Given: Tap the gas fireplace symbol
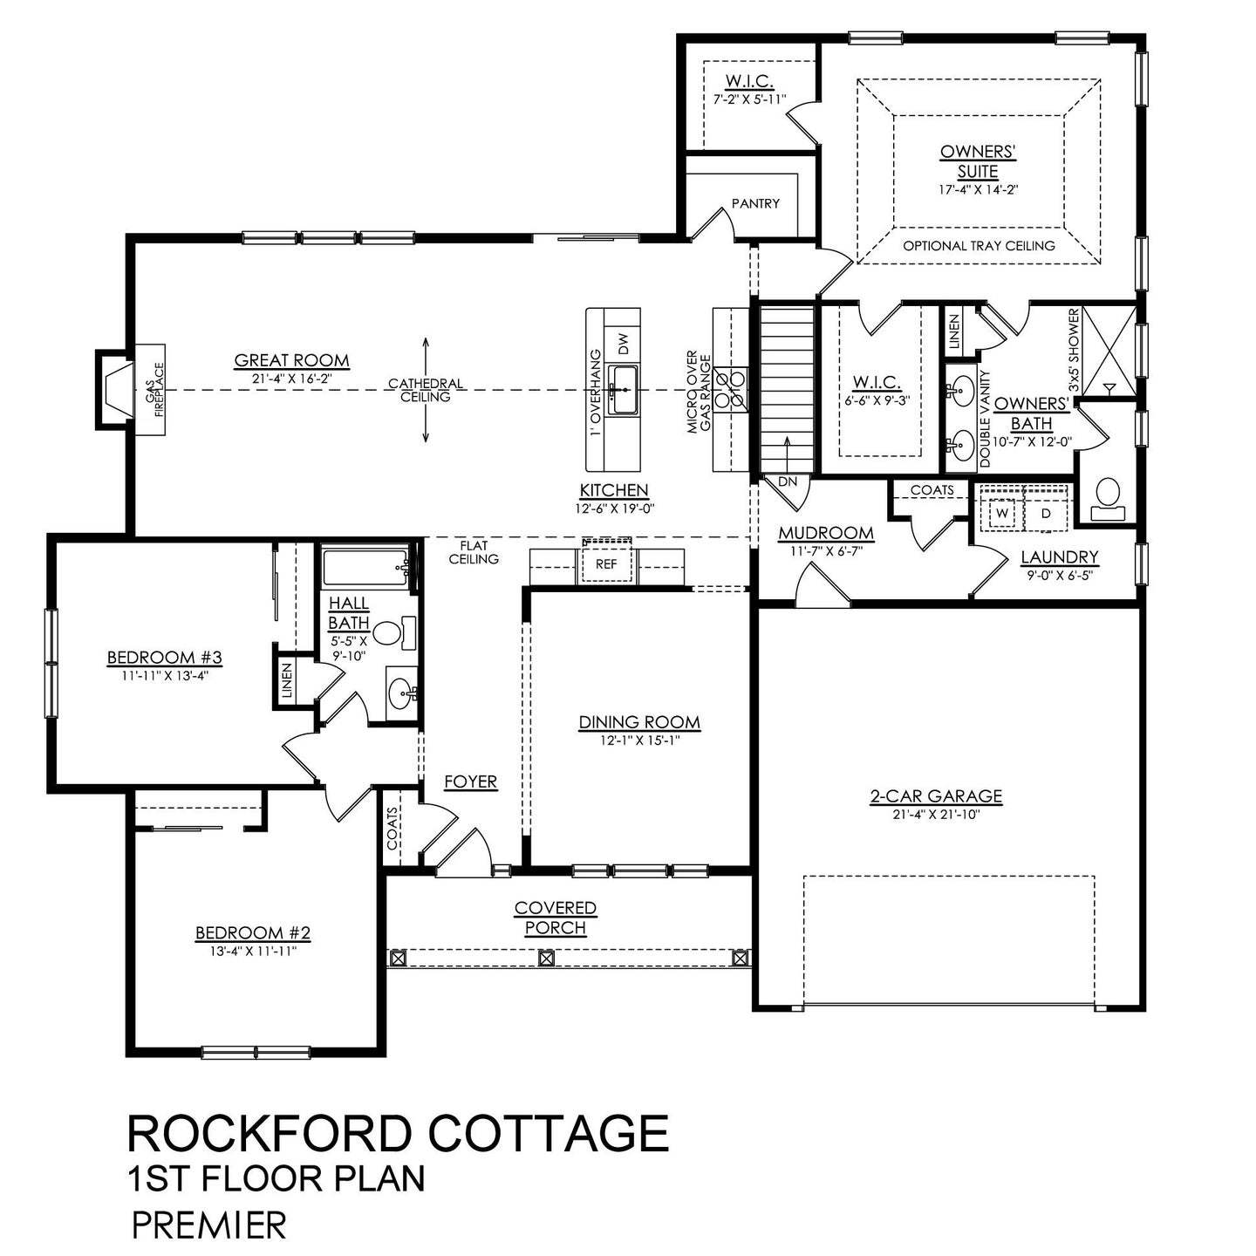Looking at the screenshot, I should (116, 390).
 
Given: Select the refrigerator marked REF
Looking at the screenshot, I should (606, 563).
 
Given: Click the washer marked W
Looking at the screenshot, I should (1002, 514).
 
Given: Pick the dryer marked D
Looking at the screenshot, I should (1047, 514).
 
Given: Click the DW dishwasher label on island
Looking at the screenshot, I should (623, 345).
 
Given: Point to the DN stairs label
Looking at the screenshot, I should (788, 481).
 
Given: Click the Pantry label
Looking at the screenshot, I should (755, 203).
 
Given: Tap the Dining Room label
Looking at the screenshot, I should (639, 722).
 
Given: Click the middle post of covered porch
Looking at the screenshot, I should (547, 958).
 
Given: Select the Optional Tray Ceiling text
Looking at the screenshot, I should (979, 246).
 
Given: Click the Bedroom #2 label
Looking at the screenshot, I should (253, 933).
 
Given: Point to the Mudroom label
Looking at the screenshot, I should (826, 533).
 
